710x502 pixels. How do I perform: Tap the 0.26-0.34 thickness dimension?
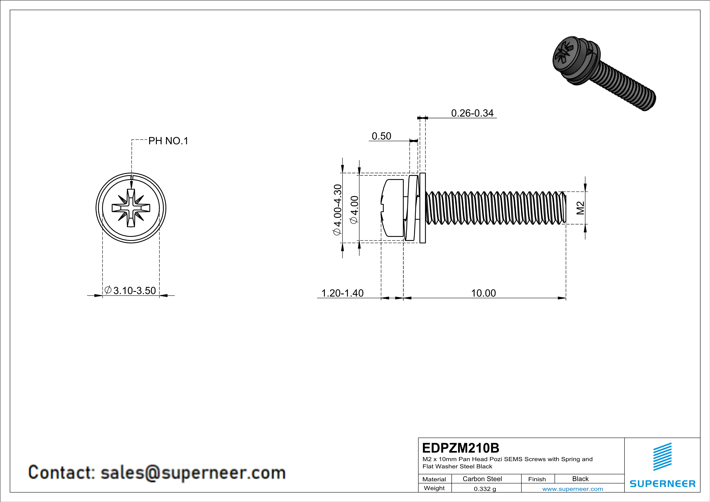(472, 113)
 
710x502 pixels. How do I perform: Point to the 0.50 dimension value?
(381, 136)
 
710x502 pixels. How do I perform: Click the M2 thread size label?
(580, 208)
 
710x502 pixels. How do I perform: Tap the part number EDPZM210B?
(460, 448)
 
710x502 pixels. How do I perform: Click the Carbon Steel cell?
(482, 479)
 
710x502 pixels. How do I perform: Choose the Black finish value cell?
(580, 479)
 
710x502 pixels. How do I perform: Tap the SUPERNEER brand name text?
(662, 484)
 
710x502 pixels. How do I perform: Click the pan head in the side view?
(392, 208)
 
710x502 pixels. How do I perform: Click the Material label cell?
(434, 479)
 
